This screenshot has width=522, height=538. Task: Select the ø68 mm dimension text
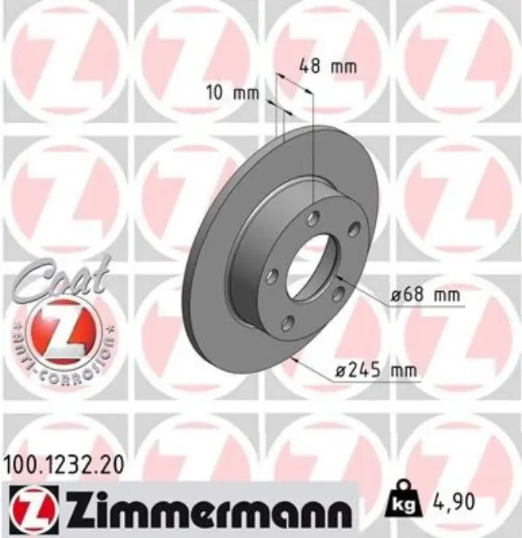tap(425, 295)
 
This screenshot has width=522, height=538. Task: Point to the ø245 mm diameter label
tap(376, 372)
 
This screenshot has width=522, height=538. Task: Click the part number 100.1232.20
tap(64, 466)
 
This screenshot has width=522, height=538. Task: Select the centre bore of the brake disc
tap(311, 267)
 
